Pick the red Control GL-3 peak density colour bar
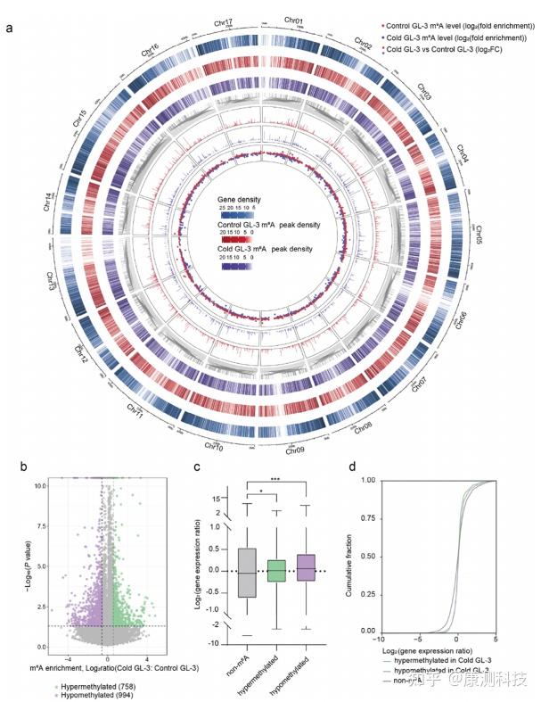tap(238, 241)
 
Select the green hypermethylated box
tap(276, 572)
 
